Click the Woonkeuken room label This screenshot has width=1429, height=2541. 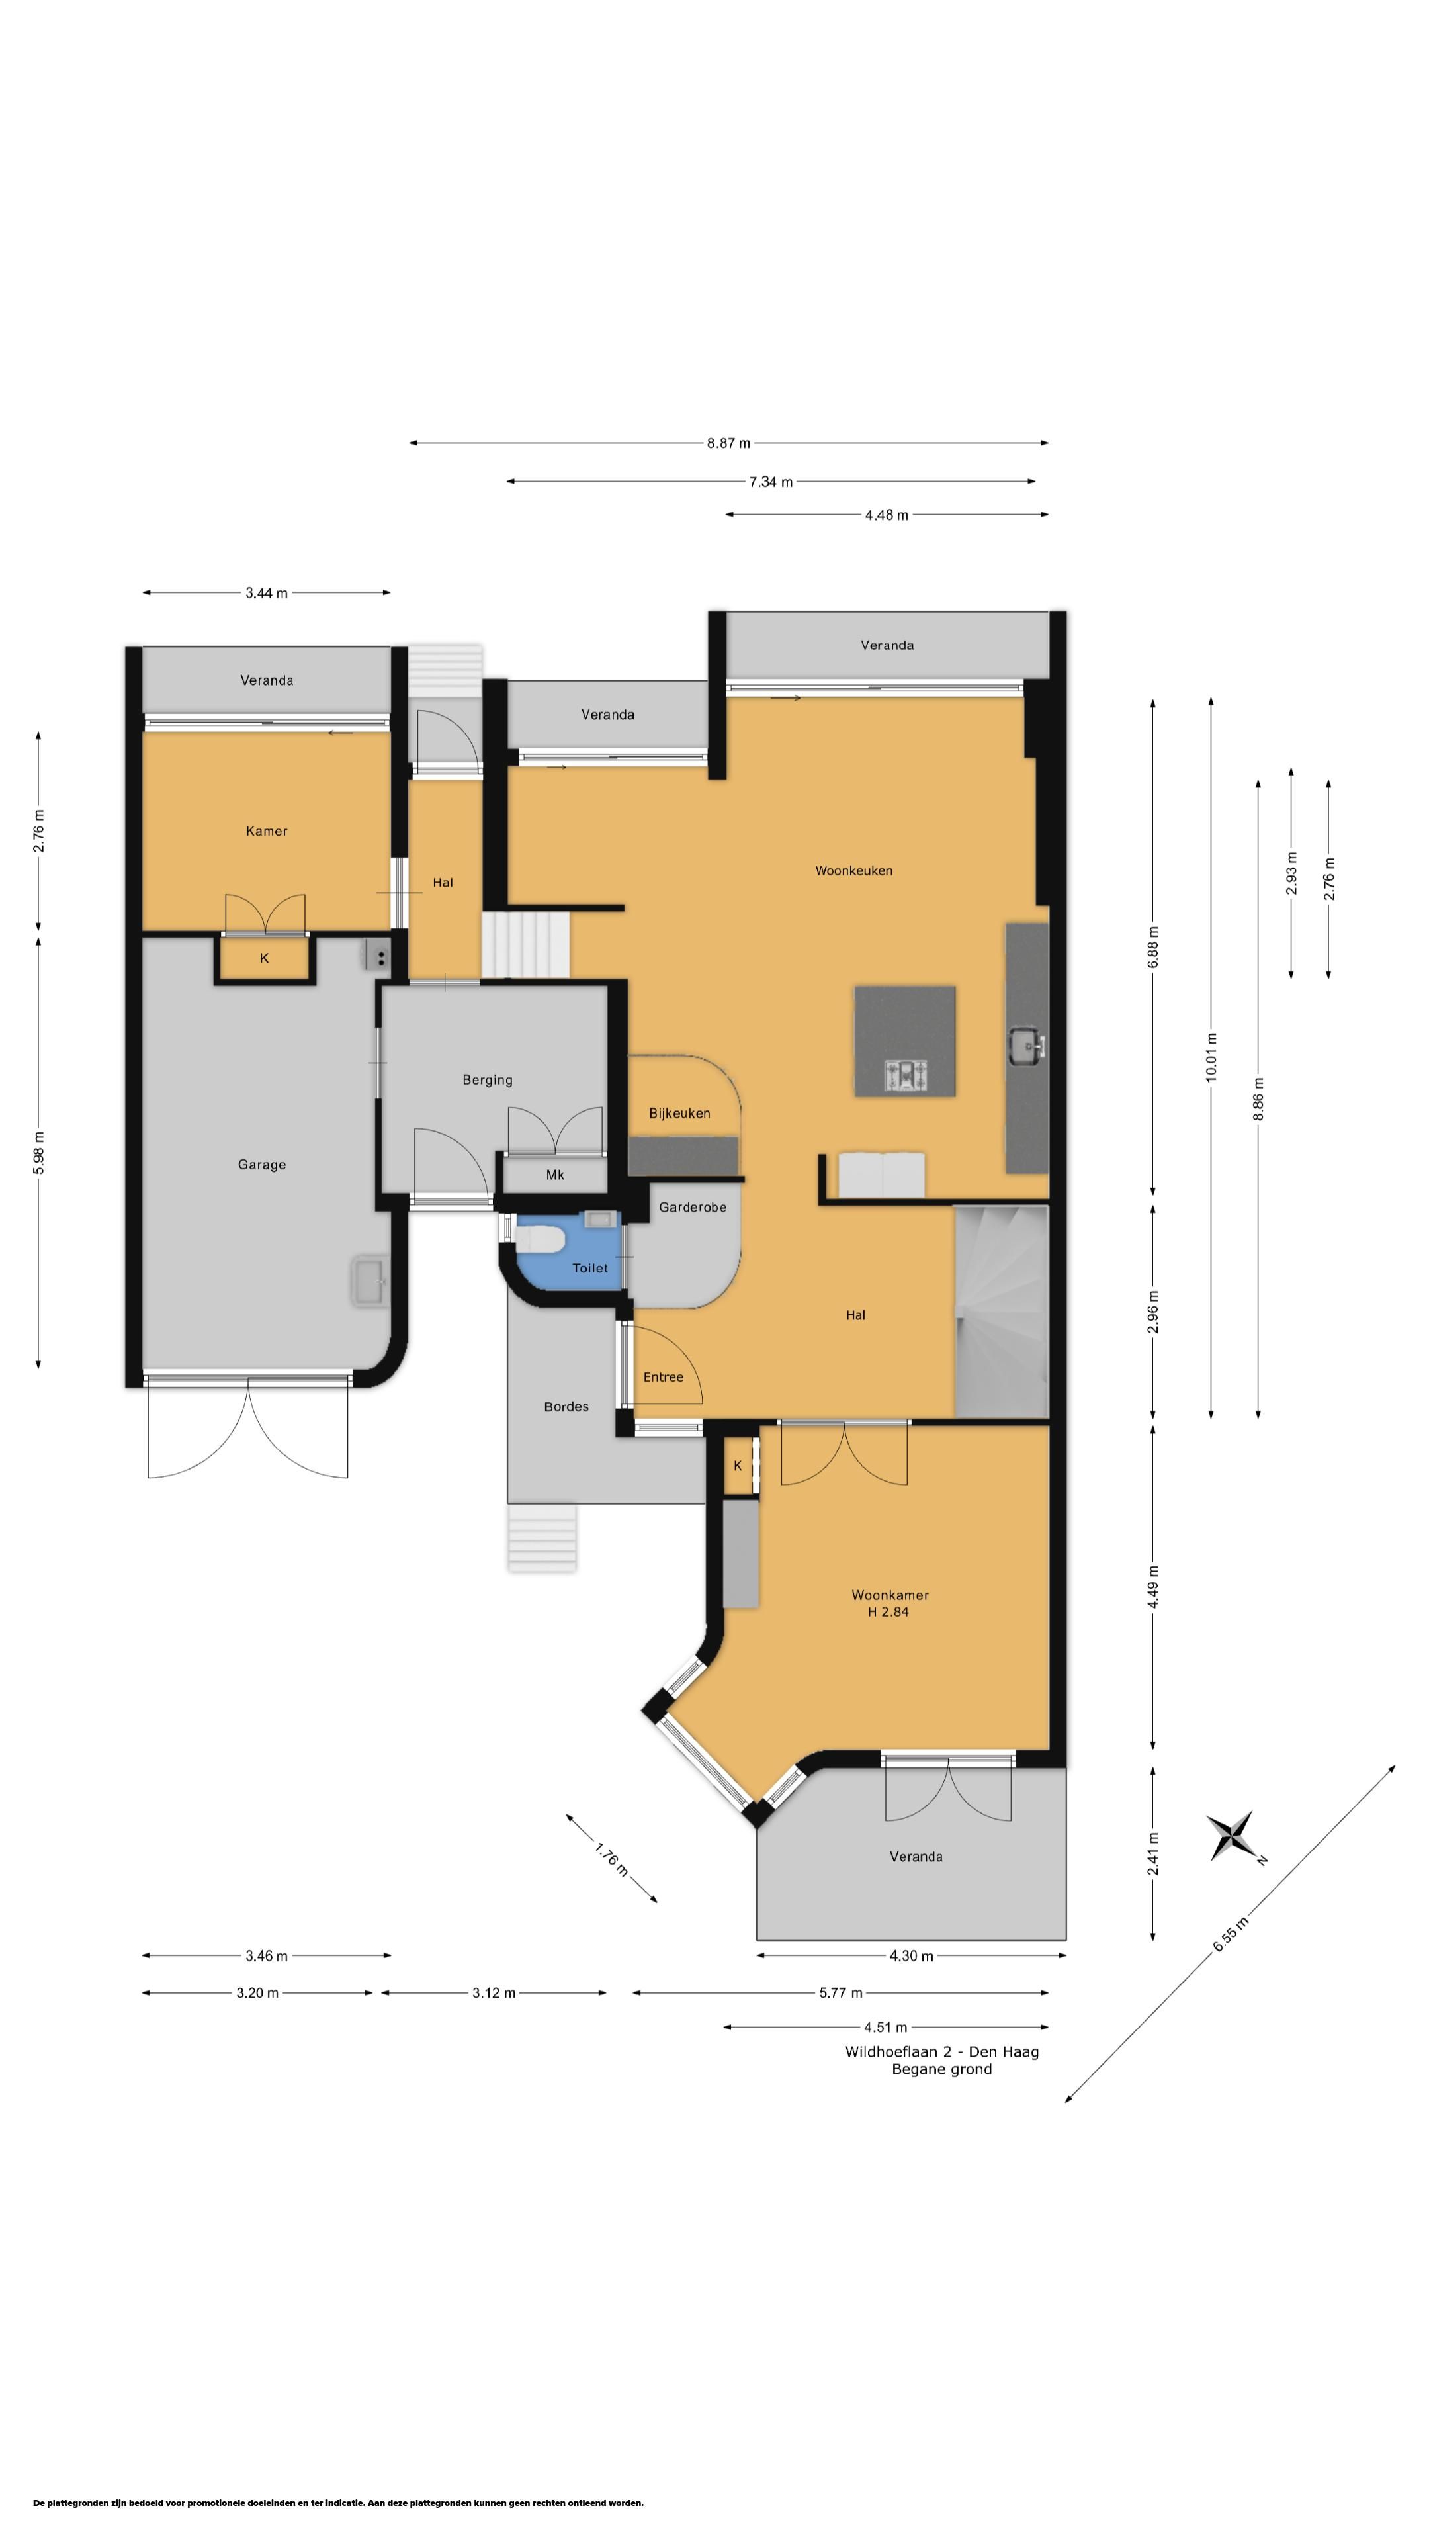tap(853, 870)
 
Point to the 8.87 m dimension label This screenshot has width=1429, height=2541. tap(728, 443)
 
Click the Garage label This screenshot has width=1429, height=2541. tap(261, 1164)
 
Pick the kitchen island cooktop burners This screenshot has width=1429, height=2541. tap(905, 1075)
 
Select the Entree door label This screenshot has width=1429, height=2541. tap(663, 1377)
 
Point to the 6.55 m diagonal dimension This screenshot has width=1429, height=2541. tap(1230, 1934)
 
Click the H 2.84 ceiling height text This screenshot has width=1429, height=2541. tap(888, 1612)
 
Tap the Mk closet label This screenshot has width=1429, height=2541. tap(555, 1174)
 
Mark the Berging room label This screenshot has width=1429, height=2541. tap(487, 1079)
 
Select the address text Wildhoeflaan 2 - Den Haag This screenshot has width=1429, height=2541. tap(942, 2052)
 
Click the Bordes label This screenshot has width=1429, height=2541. tap(566, 1407)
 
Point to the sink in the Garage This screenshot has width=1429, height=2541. tap(370, 1281)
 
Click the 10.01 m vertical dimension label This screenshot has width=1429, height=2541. tap(1211, 1057)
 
